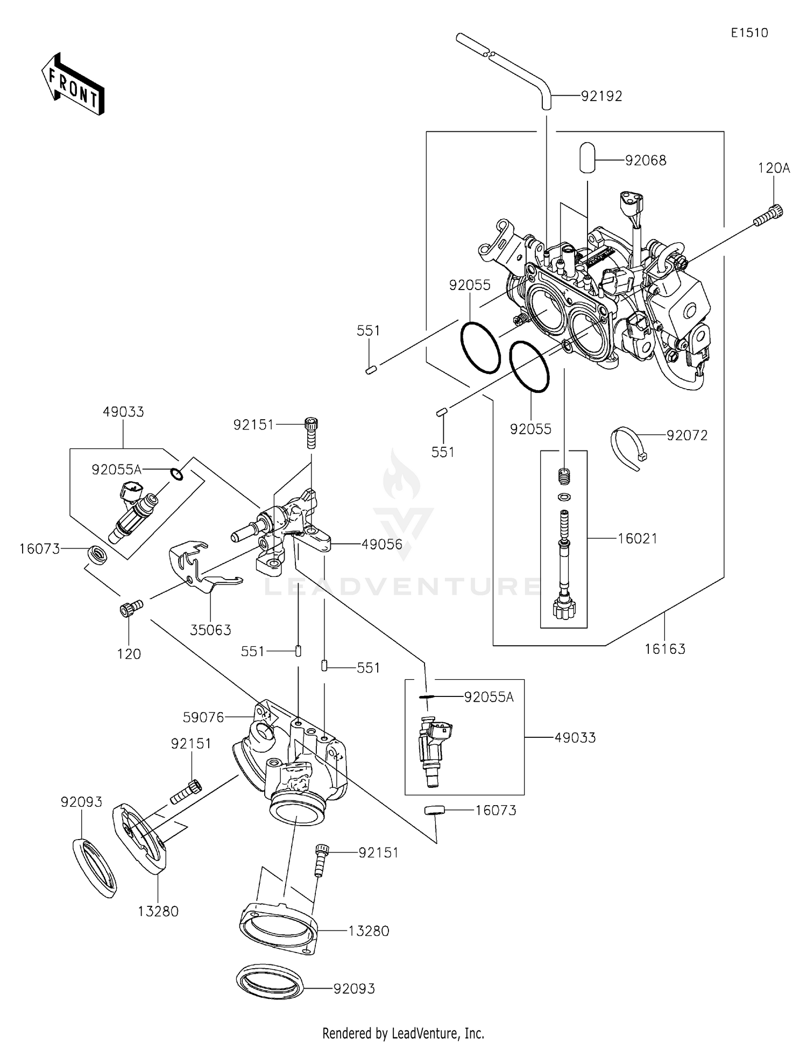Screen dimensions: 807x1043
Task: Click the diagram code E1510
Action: click(749, 33)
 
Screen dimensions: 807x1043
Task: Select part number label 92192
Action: click(601, 96)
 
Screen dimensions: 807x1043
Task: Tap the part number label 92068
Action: click(646, 160)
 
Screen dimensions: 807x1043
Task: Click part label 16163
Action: click(665, 649)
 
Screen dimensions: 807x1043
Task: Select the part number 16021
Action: click(638, 538)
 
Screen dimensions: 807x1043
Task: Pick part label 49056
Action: click(382, 544)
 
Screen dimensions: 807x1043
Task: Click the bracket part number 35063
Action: click(211, 630)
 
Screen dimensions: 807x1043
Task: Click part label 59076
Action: click(203, 717)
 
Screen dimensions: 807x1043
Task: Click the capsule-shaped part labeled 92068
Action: click(587, 157)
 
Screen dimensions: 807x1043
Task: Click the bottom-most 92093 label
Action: click(354, 989)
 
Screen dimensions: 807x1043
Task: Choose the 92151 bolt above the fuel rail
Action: click(310, 433)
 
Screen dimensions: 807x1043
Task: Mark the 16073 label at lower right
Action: click(495, 810)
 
